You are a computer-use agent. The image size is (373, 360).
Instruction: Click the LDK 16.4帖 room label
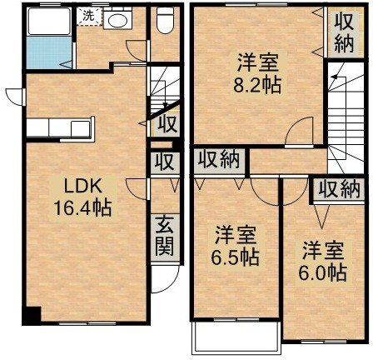[x=82, y=197]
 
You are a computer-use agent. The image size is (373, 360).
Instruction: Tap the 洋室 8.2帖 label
[x=257, y=73]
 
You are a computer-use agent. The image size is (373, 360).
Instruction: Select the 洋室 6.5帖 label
[x=236, y=246]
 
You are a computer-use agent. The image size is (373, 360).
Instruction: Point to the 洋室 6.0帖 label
[x=322, y=262]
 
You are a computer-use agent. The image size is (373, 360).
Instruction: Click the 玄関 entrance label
[x=164, y=236]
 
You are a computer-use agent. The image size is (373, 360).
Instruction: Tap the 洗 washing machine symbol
[x=89, y=16]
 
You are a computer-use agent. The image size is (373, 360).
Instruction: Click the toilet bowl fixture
[x=165, y=20]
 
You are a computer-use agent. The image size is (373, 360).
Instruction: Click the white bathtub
[x=49, y=21]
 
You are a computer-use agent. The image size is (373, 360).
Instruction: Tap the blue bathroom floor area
[x=49, y=52]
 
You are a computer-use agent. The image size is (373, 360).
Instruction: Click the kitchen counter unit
[x=59, y=127]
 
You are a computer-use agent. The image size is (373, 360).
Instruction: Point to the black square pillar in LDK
[x=32, y=316]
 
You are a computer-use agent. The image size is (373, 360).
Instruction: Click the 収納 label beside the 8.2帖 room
[x=344, y=32]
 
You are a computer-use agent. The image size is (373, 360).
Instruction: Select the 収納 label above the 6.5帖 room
[x=219, y=160]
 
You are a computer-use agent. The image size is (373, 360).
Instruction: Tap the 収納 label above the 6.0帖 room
[x=339, y=189]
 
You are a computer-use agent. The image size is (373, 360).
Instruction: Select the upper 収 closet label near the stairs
[x=167, y=124]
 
